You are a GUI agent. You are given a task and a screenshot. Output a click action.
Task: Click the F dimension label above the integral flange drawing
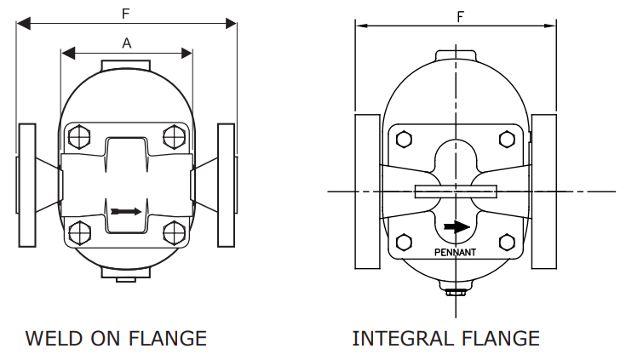point(461,16)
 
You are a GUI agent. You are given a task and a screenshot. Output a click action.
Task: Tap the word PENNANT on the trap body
point(456,253)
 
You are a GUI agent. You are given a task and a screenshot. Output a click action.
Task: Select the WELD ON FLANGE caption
point(116,338)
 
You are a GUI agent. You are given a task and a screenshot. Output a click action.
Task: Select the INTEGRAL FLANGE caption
point(445,338)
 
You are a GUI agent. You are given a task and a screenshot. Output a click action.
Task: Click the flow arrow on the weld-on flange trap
point(124,210)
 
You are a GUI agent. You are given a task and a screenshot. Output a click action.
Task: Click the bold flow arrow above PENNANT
point(457,227)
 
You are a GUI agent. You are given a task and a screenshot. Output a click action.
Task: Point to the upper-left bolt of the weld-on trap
point(79,136)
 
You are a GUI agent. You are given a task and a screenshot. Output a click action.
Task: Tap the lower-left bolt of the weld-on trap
point(79,231)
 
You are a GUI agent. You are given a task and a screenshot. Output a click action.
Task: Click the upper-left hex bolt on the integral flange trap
point(405,139)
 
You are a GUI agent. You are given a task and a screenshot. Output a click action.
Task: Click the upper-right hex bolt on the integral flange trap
point(508,139)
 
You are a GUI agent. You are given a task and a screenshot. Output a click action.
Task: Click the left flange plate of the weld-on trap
point(27,184)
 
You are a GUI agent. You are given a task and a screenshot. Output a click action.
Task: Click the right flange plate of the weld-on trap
point(226,184)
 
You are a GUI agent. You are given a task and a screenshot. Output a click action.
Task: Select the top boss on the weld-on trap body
point(126,66)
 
